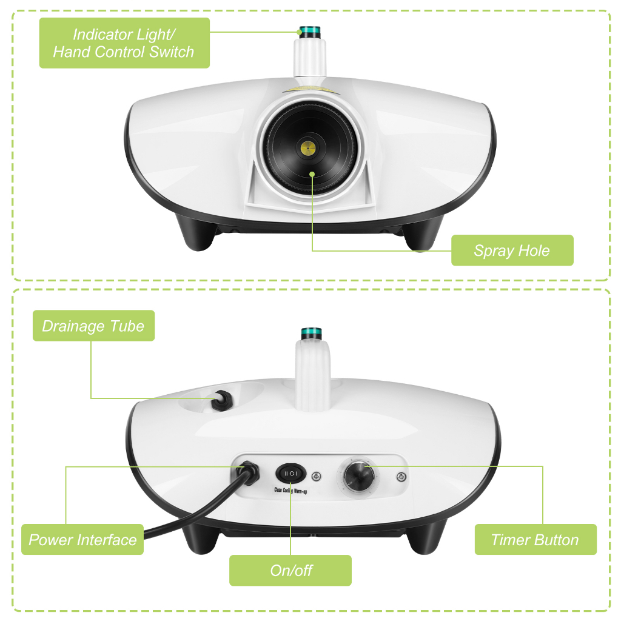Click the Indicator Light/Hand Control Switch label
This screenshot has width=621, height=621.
tap(124, 43)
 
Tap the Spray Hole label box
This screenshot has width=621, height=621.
tap(512, 250)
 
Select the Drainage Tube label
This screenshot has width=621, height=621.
tap(93, 326)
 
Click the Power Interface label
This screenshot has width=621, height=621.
tap(82, 540)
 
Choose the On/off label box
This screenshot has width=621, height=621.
tap(290, 570)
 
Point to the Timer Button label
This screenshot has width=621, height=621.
tap(535, 540)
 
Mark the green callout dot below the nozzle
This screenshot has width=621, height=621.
tap(312, 174)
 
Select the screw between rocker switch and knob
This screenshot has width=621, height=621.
tap(317, 475)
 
